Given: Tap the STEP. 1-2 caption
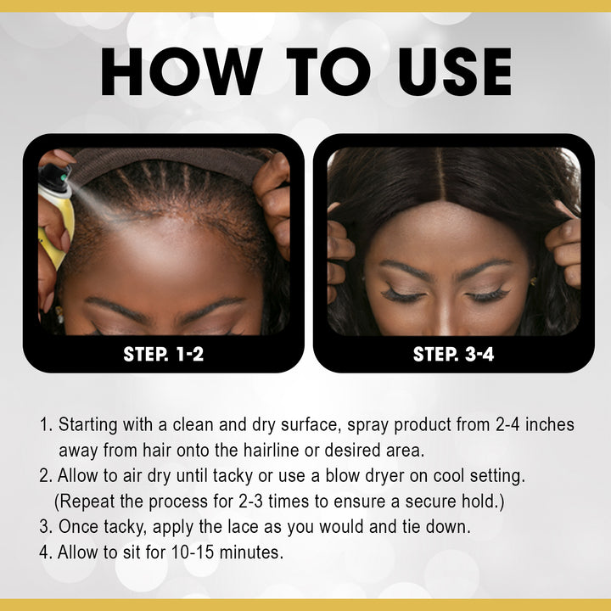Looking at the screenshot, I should [164, 354].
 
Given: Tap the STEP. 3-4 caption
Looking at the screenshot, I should [453, 354].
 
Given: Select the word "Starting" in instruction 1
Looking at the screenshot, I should [89, 423].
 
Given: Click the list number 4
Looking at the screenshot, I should [45, 552].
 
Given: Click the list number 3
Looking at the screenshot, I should [45, 527].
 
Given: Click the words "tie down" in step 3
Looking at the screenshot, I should [436, 527].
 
